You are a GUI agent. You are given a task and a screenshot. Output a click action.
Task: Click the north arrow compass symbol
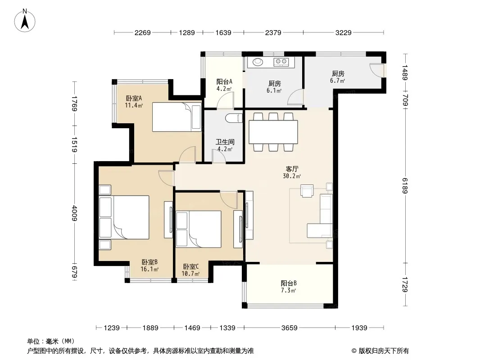[x=25, y=21]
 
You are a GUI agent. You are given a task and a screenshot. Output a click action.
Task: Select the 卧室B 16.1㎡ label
[x=149, y=265]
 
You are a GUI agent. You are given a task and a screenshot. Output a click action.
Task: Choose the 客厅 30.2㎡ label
[x=292, y=172]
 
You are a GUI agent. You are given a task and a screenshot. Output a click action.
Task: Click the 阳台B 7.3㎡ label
[x=289, y=287]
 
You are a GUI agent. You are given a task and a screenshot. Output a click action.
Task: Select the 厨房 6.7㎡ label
[x=338, y=77]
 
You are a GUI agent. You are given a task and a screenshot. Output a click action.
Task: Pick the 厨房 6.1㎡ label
[x=274, y=87]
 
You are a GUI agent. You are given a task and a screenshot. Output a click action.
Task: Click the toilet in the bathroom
[x=234, y=118]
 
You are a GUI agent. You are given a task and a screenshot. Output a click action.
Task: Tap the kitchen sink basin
[x=258, y=62]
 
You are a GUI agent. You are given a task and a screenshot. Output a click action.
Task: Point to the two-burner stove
[x=281, y=62]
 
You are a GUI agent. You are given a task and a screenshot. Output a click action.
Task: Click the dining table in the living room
[x=273, y=132]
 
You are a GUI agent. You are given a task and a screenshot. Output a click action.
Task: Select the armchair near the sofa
[x=307, y=190]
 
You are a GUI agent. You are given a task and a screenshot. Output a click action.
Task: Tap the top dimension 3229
[x=343, y=32]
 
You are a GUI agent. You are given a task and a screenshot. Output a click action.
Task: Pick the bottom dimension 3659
[x=289, y=328]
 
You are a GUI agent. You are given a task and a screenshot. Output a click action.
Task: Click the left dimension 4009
[x=74, y=213]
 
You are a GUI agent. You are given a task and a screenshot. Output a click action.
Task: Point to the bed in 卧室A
[x=177, y=117]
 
